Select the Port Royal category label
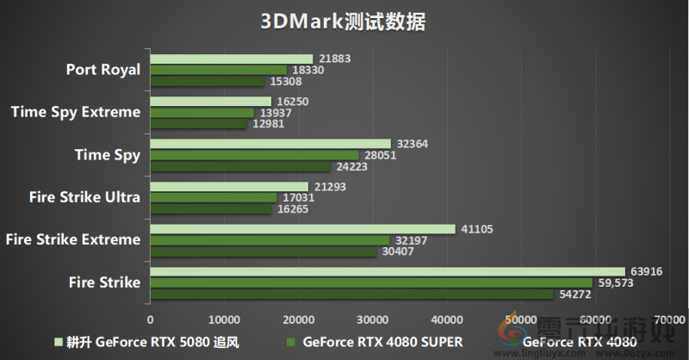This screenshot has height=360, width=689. point(102,70)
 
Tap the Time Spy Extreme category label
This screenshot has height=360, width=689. point(75,112)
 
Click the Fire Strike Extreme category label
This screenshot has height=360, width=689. point(71,239)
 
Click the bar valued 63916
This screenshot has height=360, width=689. point(388,271)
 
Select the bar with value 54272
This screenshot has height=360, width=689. point(352,295)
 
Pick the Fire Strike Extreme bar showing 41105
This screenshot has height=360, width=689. point(302,229)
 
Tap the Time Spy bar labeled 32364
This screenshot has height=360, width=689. point(270,144)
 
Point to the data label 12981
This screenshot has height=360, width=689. point(269,124)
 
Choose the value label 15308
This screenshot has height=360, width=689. point(286,81)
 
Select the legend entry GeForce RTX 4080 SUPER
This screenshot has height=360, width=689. point(376,341)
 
